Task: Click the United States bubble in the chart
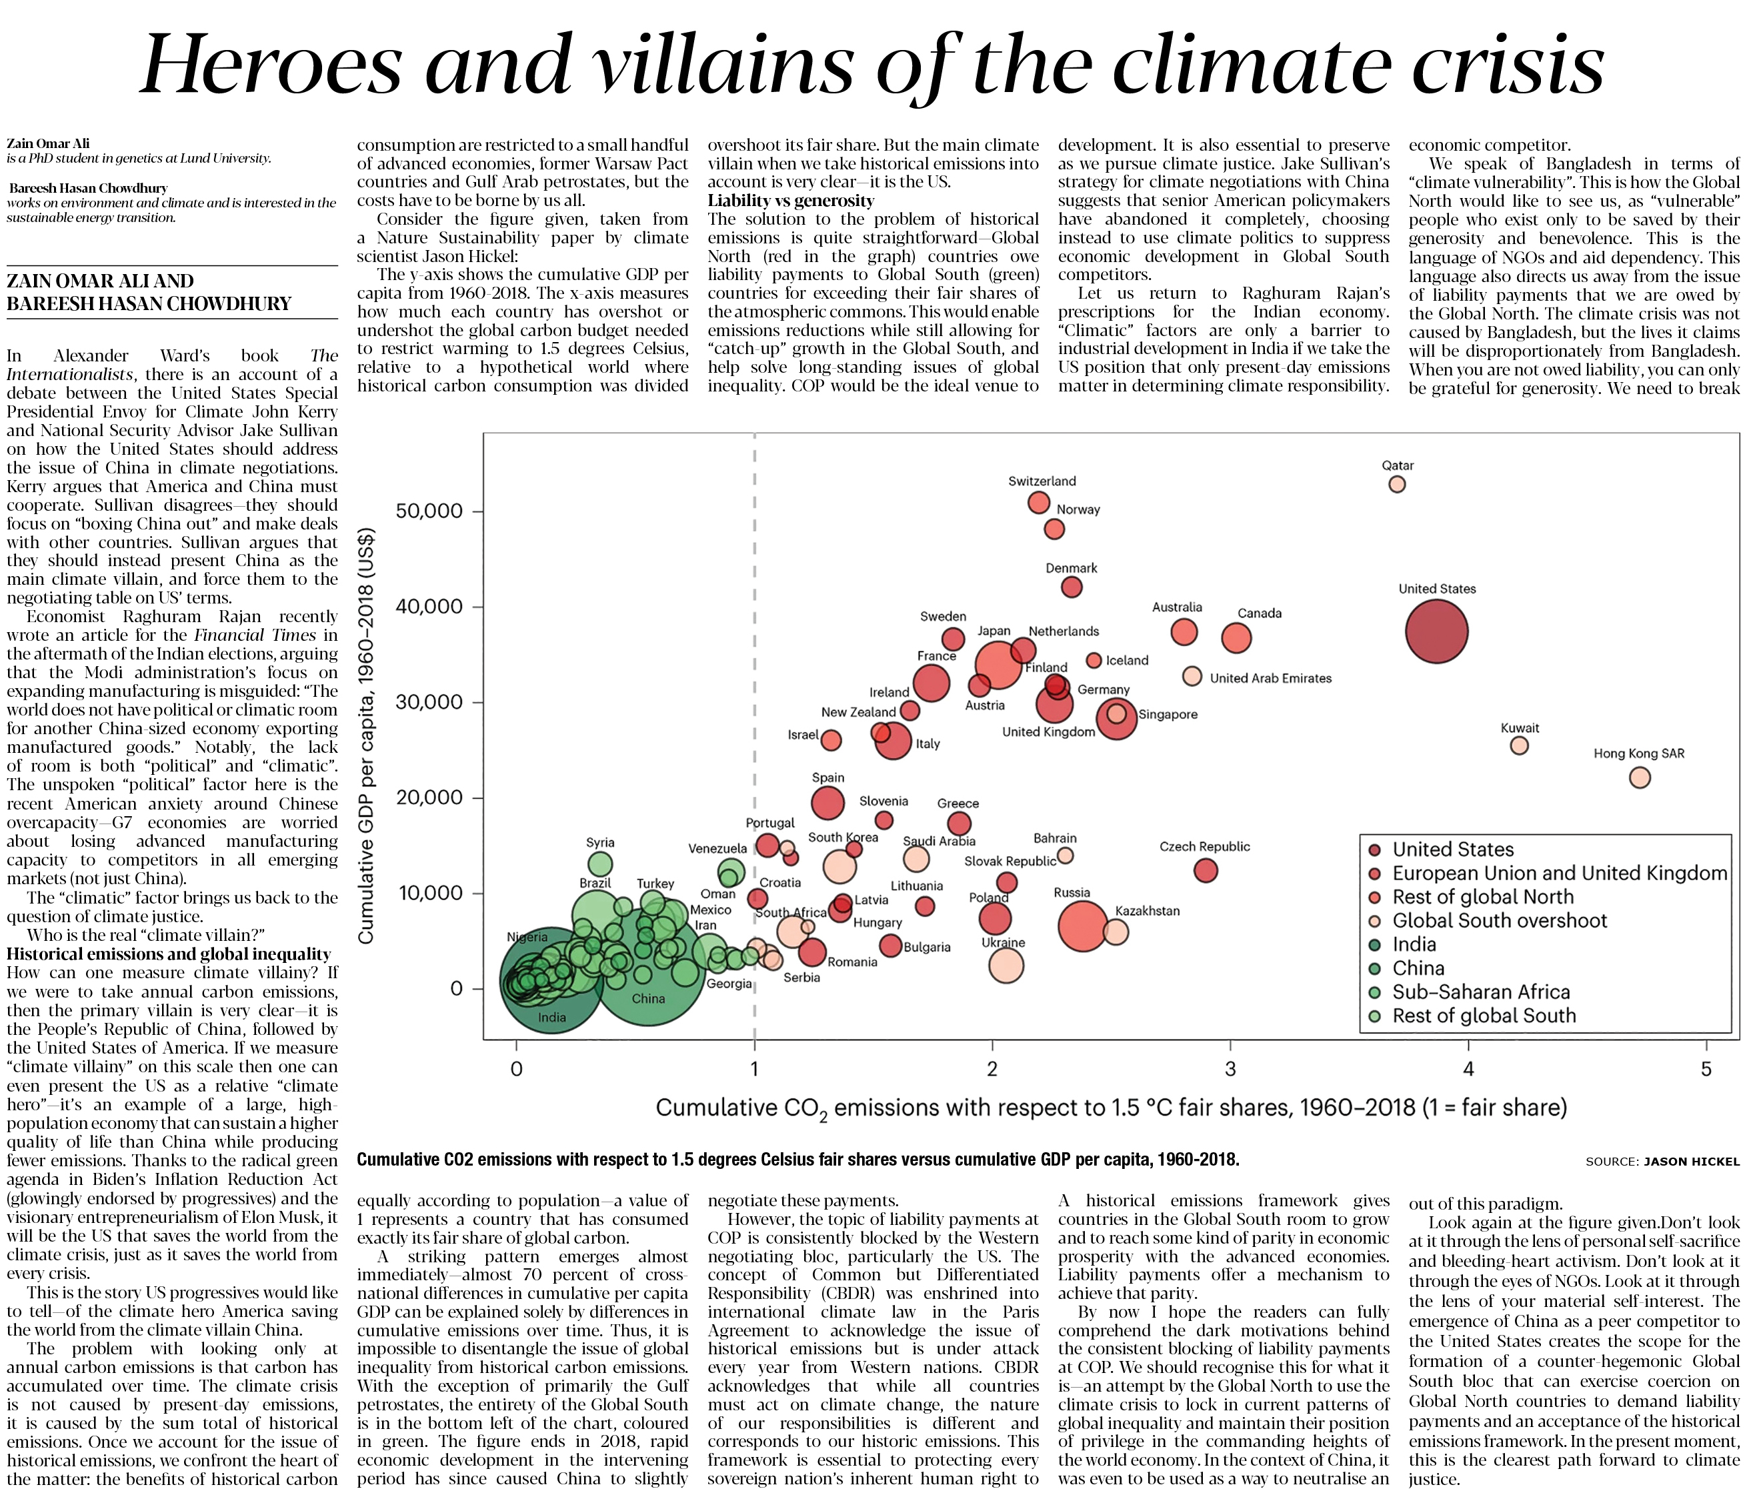point(1437,631)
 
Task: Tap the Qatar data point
point(1397,484)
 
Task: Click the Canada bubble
point(1236,637)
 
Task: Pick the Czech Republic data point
point(1206,870)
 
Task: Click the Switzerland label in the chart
point(1042,481)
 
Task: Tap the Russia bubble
point(1084,925)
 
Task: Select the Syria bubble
point(600,864)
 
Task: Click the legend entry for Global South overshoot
point(1499,921)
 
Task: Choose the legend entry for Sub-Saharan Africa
point(1480,992)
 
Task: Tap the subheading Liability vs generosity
point(791,201)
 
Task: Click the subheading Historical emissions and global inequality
point(169,954)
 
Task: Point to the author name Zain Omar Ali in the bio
point(48,143)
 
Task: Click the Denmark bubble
point(1072,587)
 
